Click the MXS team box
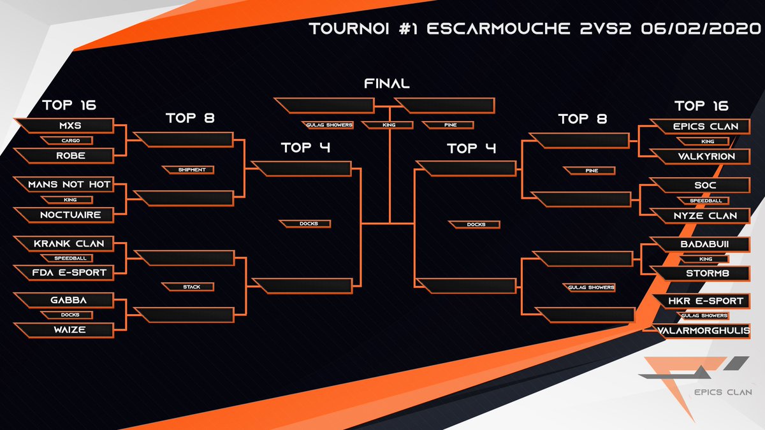click(x=64, y=126)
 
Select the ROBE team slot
click(x=64, y=155)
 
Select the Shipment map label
click(x=187, y=170)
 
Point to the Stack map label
click(x=187, y=287)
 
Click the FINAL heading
click(x=386, y=83)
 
